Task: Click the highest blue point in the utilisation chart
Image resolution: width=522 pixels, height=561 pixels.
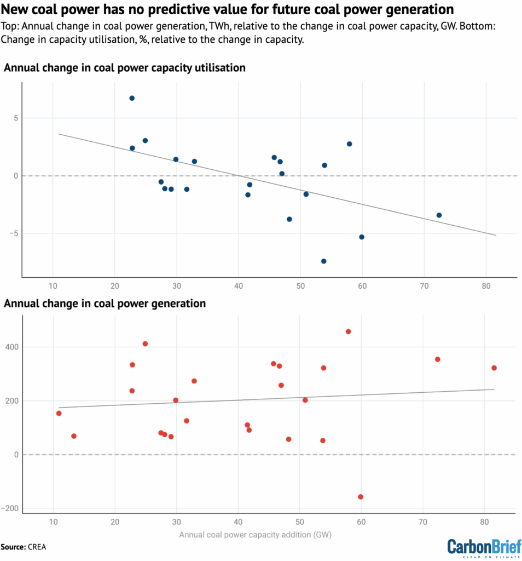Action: pos(132,98)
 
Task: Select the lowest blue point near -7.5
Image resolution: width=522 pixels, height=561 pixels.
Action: pos(323,261)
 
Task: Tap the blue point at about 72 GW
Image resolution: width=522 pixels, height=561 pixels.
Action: pos(439,215)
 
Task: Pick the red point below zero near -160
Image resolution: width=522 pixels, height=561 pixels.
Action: pos(361,497)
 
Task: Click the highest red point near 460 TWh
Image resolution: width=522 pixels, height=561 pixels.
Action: pos(348,331)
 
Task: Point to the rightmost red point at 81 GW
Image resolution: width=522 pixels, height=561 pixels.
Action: pos(494,368)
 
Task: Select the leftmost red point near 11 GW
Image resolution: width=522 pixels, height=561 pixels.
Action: pos(59,413)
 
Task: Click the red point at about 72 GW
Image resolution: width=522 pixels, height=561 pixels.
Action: pos(437,359)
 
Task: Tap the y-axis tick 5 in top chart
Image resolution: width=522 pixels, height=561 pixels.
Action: pos(16,118)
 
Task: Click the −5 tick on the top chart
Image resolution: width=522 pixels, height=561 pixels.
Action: pos(14,233)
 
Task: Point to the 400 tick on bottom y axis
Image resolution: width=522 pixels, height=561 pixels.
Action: pos(11,347)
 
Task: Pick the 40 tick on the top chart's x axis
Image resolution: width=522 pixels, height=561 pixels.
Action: pos(238,287)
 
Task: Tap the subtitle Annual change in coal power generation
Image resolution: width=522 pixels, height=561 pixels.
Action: pos(105,303)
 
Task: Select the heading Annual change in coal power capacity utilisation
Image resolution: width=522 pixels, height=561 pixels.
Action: pos(125,68)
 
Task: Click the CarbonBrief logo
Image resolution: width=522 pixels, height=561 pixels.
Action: pos(484,546)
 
